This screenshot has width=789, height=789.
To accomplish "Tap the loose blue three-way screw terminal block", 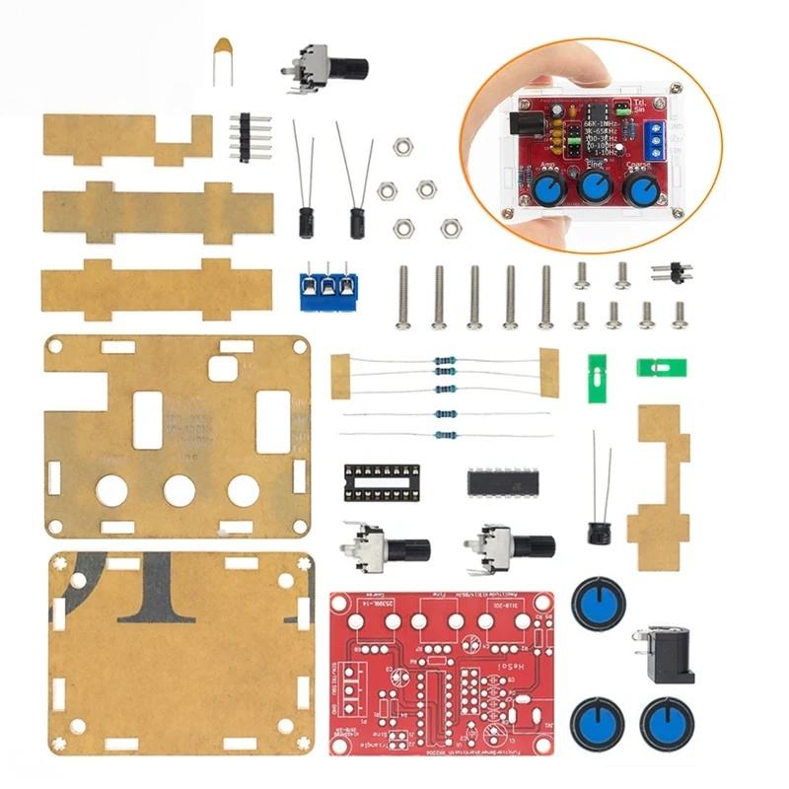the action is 327,287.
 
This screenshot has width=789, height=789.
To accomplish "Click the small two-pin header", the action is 672,271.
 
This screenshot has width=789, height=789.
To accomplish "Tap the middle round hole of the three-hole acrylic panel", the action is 180,489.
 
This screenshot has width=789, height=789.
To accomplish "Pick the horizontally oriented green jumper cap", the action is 661,368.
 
